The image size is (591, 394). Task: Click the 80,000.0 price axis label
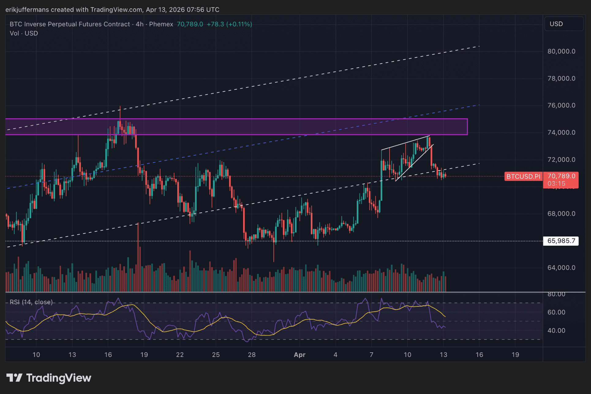coord(561,51)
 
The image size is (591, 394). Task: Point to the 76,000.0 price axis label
coord(561,105)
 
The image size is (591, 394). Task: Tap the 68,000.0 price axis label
coord(561,214)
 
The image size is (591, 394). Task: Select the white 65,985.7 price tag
coord(561,241)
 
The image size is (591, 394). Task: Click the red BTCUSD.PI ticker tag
coord(523,176)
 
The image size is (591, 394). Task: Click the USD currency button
coord(556,24)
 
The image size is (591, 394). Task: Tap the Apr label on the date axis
coord(299,355)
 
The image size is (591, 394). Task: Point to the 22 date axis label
coord(180,355)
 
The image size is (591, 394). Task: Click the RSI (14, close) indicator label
coord(31,302)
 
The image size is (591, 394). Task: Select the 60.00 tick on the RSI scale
coord(556,312)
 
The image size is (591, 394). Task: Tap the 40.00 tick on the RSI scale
coord(556,331)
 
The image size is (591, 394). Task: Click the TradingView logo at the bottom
coord(49,378)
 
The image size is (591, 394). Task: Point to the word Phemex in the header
coord(161,24)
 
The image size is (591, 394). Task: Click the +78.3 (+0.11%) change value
coord(229,24)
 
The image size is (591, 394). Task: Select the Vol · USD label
coord(24,33)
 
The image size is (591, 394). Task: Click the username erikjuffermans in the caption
coord(27,10)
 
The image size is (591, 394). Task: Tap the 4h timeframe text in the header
coord(140,24)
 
